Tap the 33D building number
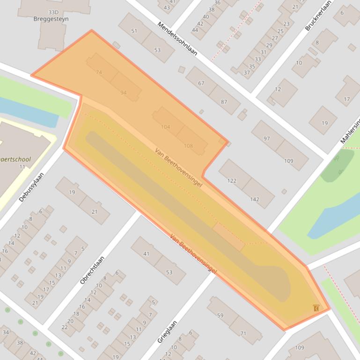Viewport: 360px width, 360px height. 53,12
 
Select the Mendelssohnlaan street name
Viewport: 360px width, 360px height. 177,38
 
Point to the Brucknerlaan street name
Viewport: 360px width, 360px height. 318,15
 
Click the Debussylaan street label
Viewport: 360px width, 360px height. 31,187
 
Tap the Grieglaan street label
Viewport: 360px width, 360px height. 167,331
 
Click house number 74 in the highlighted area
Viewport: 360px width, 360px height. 98,72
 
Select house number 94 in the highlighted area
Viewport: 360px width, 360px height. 123,93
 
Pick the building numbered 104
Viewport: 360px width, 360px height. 165,127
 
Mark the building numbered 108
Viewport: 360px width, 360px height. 188,146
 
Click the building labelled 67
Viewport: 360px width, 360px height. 201,83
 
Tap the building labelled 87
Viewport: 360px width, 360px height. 224,102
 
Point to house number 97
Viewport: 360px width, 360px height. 267,139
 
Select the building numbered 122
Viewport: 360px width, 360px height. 232,180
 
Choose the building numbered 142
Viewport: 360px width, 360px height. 254,199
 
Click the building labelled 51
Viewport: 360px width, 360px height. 134,31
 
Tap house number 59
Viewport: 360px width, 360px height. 220,315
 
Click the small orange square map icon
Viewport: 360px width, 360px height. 317,308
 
